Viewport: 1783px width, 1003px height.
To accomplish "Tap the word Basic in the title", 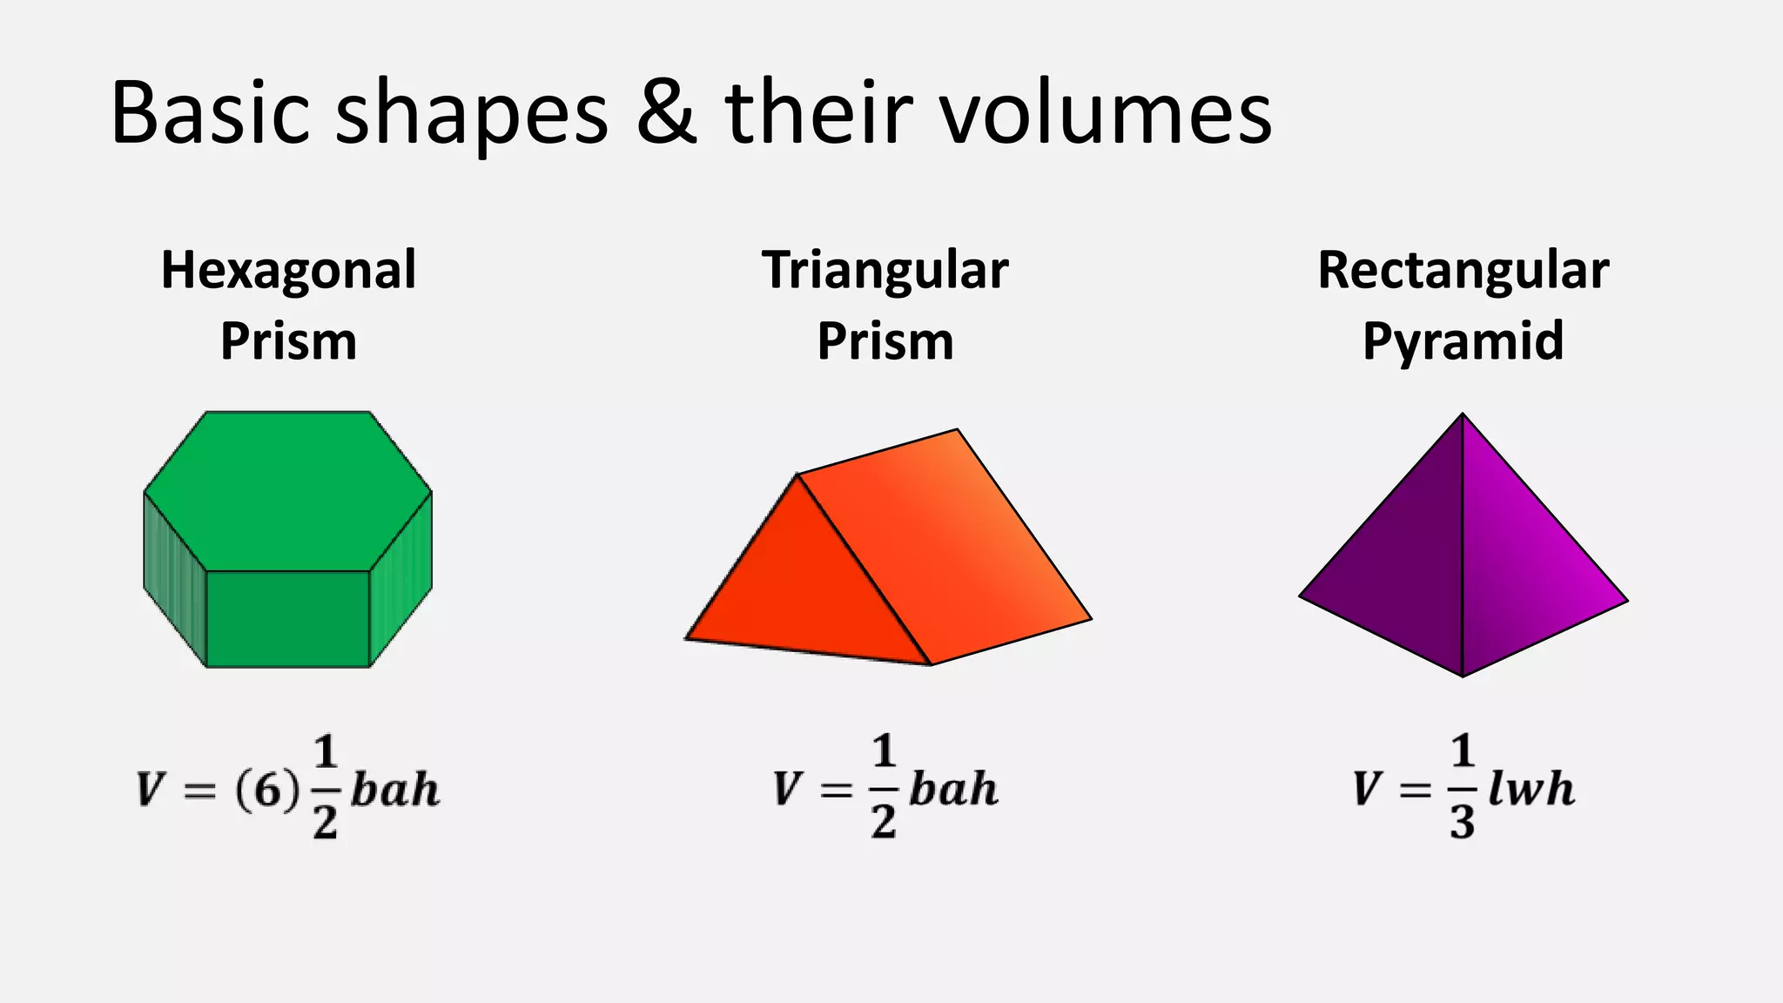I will (210, 113).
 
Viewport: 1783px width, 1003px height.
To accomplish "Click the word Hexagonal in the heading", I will (288, 271).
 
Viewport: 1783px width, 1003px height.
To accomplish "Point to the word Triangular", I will (885, 271).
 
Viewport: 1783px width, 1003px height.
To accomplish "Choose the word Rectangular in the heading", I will (1463, 271).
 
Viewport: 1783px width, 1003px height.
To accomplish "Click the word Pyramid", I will (1463, 340).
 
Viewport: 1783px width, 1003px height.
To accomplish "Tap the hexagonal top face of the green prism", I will (287, 490).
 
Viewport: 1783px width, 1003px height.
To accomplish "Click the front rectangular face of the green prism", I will (287, 619).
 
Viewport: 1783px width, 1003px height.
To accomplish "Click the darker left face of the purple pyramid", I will (1402, 575).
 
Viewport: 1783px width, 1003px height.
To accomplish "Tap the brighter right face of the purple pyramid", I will (1524, 575).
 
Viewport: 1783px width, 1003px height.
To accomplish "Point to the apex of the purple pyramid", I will (1463, 415).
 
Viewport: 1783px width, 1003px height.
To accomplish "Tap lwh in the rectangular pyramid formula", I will (1531, 790).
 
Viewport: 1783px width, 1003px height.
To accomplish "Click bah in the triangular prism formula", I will (953, 790).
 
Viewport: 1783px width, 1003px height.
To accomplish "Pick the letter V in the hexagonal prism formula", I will (150, 791).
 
